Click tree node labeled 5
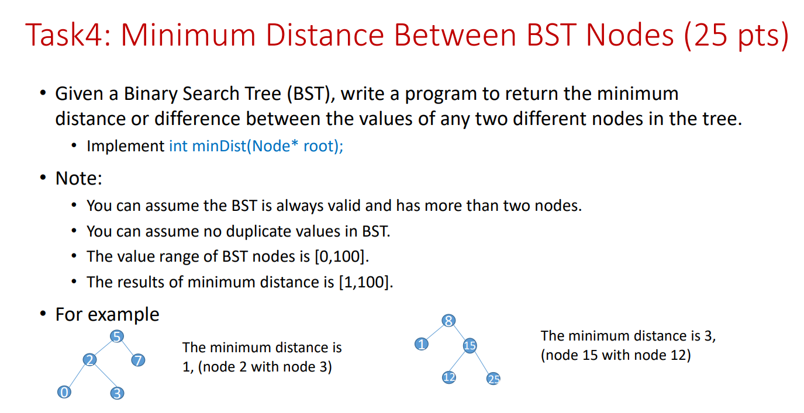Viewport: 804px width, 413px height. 117,336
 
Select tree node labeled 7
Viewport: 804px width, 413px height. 138,360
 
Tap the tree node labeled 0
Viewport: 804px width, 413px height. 63,392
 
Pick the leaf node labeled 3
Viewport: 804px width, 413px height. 117,393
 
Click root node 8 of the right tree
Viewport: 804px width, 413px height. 448,321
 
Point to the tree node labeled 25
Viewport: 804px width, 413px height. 494,379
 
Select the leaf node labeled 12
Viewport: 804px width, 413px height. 448,377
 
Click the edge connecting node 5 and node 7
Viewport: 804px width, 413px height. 128,349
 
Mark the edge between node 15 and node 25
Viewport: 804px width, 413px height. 482,363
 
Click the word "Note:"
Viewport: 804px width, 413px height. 79,178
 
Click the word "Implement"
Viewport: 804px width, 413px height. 126,145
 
